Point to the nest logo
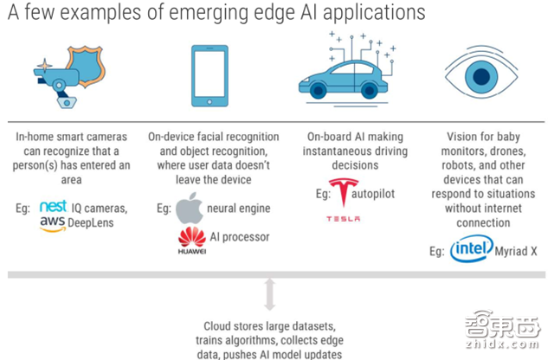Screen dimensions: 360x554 53,209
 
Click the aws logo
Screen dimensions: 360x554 52,224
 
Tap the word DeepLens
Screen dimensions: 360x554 94,224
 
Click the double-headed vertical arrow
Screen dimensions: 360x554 269,294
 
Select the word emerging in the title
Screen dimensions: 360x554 177,13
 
